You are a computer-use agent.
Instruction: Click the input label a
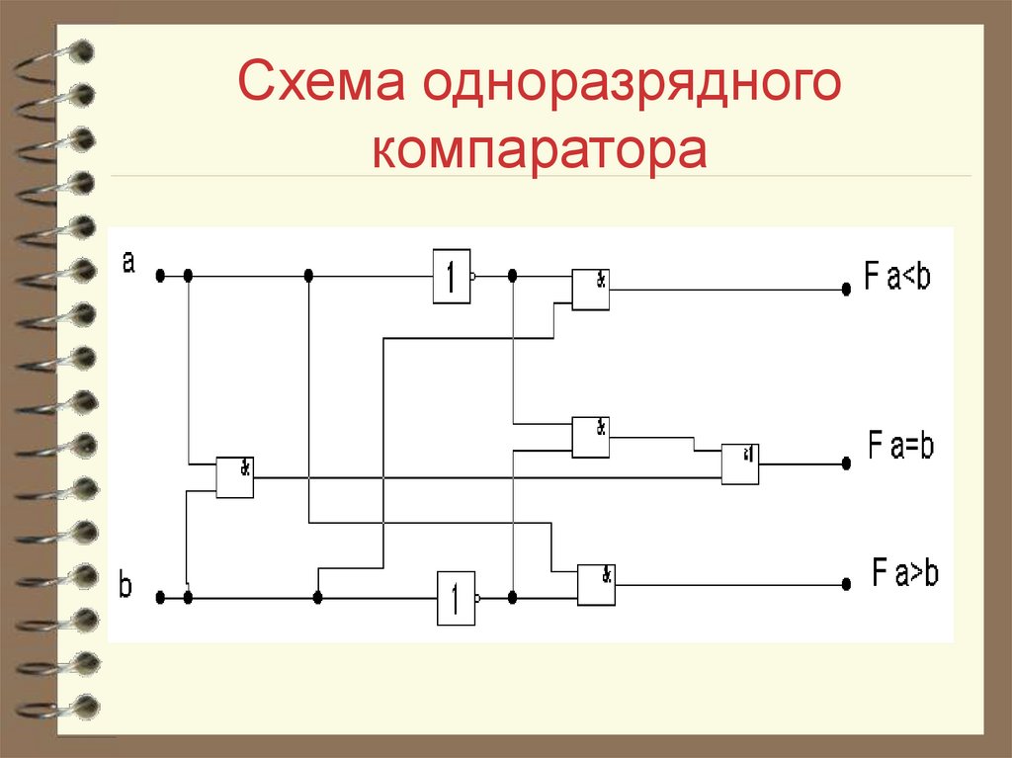click(128, 262)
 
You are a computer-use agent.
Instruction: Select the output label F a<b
click(897, 278)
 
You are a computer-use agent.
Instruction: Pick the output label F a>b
click(905, 572)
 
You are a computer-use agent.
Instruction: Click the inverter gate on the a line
click(451, 276)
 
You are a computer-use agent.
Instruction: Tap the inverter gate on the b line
click(456, 598)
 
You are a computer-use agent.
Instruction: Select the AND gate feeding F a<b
click(590, 289)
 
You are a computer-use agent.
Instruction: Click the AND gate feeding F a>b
click(597, 584)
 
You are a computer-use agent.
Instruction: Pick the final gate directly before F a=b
click(739, 463)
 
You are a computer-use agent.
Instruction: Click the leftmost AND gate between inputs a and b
click(235, 476)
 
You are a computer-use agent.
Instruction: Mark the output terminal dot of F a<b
click(846, 290)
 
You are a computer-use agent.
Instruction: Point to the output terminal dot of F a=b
click(846, 463)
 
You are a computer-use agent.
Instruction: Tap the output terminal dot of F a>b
click(846, 584)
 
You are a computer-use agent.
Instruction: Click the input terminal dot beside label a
click(159, 276)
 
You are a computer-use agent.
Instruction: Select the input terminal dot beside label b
click(159, 597)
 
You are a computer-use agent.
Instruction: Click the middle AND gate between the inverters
click(590, 437)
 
